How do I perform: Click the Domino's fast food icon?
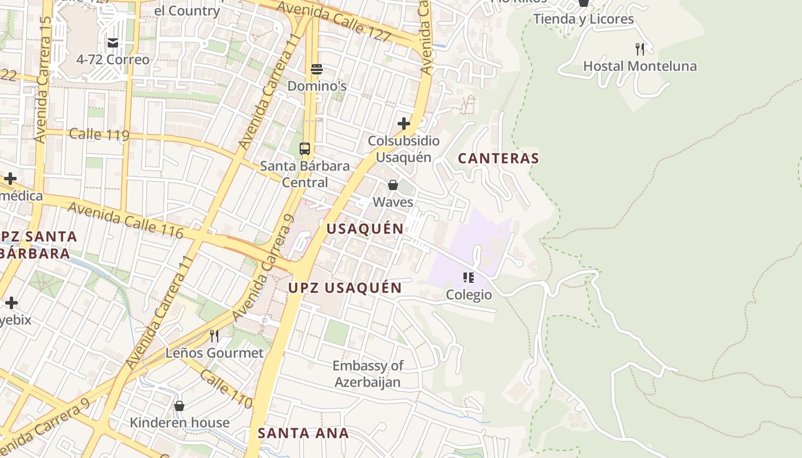[317, 69]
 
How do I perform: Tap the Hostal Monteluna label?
[640, 66]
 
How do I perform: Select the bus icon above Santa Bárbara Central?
[305, 149]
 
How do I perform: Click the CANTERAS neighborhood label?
[498, 159]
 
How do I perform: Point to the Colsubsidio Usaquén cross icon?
[404, 124]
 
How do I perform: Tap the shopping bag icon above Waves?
[393, 185]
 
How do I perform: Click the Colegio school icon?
[469, 278]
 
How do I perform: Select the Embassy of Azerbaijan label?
[368, 374]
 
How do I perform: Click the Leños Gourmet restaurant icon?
[214, 335]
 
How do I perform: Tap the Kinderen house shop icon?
[179, 406]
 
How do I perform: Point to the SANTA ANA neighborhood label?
[303, 433]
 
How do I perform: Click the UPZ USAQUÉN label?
[345, 287]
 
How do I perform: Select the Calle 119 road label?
[99, 135]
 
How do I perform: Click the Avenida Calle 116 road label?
[125, 220]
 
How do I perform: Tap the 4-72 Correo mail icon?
[113, 43]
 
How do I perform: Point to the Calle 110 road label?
[226, 389]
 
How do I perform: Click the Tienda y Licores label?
[583, 19]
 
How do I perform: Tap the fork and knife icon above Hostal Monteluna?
[640, 49]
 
